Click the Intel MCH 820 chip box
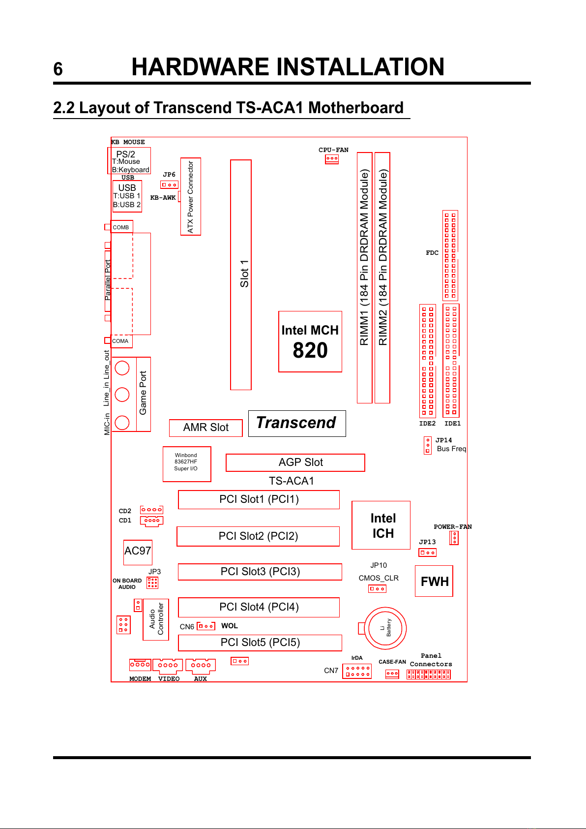[x=310, y=341]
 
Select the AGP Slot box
[x=295, y=462]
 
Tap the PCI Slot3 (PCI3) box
[x=260, y=572]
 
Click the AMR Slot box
[x=205, y=428]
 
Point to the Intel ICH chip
[x=381, y=525]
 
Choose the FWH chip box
[x=434, y=581]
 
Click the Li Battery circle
[x=385, y=628]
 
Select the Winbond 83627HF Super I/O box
[x=187, y=464]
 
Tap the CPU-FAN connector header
[x=332, y=159]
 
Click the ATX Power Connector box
[x=191, y=196]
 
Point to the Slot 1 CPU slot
[x=241, y=275]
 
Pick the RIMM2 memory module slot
[x=382, y=277]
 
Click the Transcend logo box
[x=297, y=423]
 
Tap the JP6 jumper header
[x=169, y=185]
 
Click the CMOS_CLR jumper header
[x=377, y=588]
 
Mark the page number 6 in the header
[x=58, y=69]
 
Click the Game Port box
[x=143, y=394]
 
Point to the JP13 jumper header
[x=427, y=553]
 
